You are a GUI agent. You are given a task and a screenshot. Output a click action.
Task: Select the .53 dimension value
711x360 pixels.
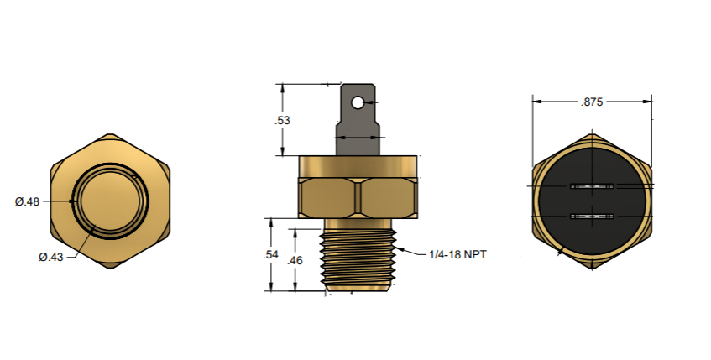(x=283, y=120)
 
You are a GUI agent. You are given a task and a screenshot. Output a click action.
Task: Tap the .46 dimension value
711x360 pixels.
(x=295, y=261)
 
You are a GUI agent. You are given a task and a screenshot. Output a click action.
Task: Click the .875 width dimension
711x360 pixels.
(x=593, y=102)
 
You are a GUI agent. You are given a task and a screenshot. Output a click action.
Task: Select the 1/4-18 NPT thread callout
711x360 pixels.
(x=458, y=254)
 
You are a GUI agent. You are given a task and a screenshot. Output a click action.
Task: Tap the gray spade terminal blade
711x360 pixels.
(x=358, y=113)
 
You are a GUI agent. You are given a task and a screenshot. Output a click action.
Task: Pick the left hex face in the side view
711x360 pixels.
(x=328, y=199)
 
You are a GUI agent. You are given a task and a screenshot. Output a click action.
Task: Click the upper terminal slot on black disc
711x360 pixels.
(x=592, y=185)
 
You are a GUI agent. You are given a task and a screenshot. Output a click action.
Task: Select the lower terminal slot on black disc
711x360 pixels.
(x=592, y=217)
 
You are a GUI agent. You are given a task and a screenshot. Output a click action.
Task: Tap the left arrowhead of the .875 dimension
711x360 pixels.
(x=537, y=102)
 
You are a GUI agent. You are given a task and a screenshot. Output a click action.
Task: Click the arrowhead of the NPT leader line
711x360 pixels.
(x=400, y=248)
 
